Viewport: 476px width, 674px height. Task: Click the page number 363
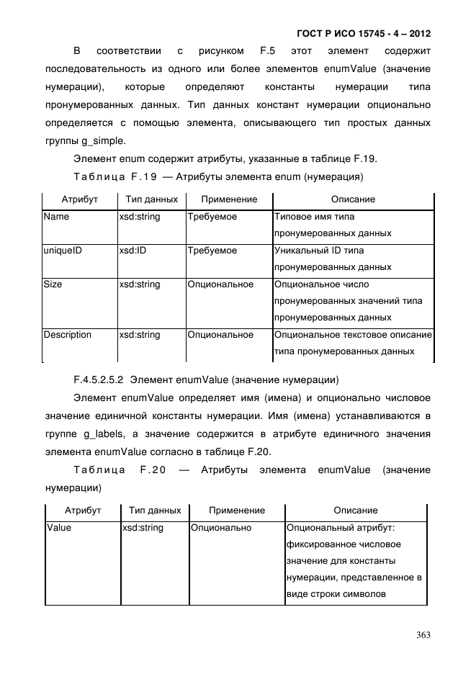coord(423,634)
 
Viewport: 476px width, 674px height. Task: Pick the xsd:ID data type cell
coord(133,251)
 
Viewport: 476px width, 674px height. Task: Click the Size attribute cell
coord(53,284)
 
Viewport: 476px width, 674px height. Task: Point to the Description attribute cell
coord(67,335)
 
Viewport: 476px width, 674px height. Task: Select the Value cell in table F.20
coord(59,528)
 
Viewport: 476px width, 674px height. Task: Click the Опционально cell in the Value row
coord(221,528)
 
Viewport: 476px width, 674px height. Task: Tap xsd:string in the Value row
coord(143,528)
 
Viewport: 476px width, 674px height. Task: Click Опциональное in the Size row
coord(220,284)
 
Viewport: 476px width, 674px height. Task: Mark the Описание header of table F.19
coord(352,199)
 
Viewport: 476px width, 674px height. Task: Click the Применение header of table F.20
coord(236,511)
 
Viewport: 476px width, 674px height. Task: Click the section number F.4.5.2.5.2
coord(99,379)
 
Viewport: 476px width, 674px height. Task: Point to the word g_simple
coord(105,140)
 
